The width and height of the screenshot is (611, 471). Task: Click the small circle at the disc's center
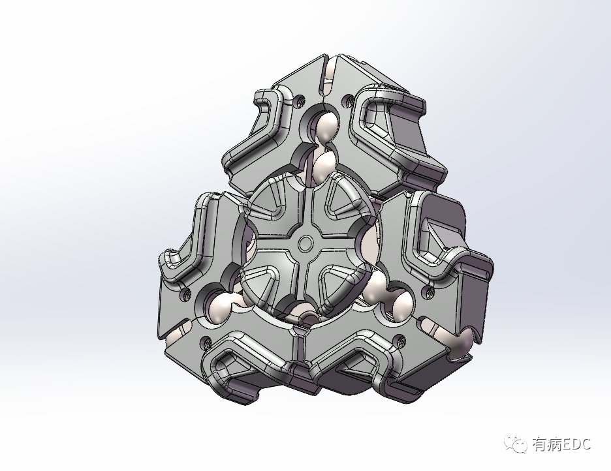[x=305, y=243]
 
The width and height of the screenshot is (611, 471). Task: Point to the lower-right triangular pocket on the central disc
[x=339, y=282]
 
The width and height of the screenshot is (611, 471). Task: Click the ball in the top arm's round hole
[x=326, y=126]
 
